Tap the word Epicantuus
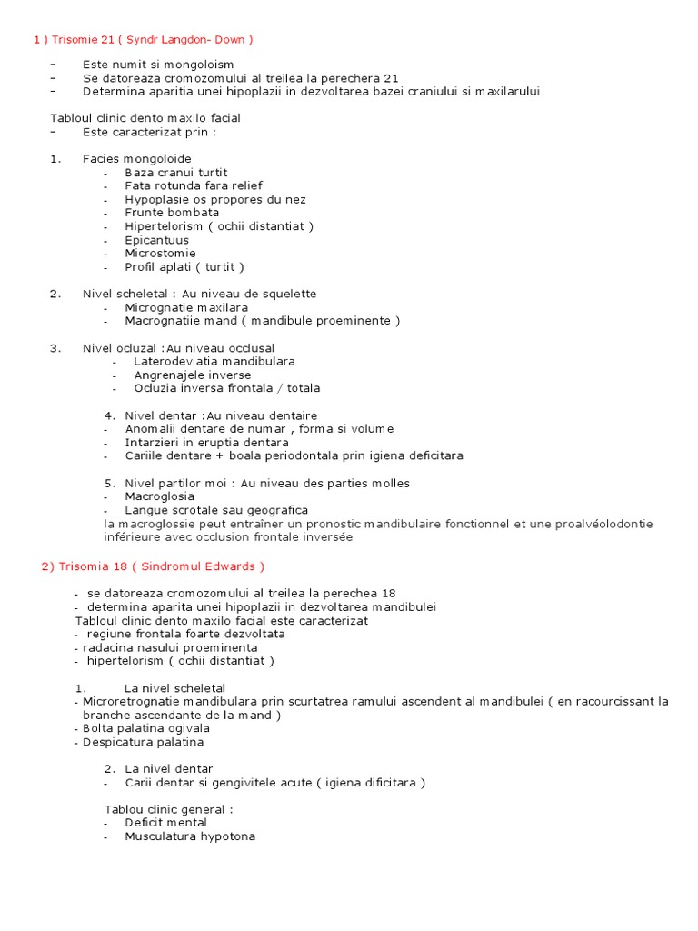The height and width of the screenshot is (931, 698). [x=157, y=240]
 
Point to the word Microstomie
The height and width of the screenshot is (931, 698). [x=160, y=254]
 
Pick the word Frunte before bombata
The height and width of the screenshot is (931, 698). [x=145, y=213]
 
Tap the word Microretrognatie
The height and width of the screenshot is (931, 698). [x=136, y=702]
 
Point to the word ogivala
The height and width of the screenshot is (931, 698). [x=187, y=728]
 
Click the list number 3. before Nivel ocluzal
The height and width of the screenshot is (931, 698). [x=55, y=348]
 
